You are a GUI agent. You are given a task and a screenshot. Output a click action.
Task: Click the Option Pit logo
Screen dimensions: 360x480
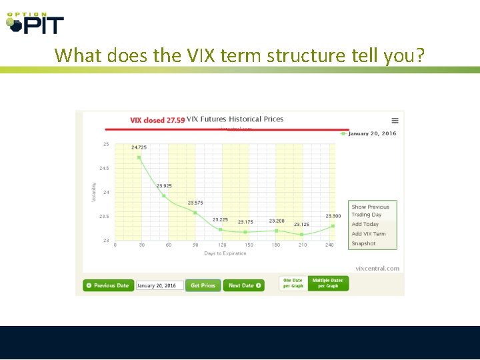[x=35, y=23]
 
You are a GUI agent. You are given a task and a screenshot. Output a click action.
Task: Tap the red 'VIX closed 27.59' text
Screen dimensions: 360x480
[x=157, y=120]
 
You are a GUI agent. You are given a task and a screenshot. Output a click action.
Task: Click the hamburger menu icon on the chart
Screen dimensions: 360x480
[x=395, y=121]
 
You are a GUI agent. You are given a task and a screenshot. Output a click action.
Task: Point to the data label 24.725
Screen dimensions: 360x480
[x=139, y=147]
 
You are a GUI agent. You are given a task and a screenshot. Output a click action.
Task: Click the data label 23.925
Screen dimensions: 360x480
[x=164, y=185]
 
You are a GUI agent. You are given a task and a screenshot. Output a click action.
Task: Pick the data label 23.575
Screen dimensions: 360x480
[x=195, y=203]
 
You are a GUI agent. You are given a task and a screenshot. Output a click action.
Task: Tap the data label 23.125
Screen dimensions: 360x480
[x=301, y=225]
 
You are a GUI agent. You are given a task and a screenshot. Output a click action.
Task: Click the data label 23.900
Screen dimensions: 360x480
[x=333, y=216]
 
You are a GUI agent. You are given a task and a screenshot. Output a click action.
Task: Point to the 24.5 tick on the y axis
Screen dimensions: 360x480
[x=105, y=168]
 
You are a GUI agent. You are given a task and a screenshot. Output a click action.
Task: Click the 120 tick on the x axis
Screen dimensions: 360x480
[x=222, y=245]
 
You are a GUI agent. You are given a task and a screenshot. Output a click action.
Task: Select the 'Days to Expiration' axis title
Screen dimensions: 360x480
[x=225, y=253]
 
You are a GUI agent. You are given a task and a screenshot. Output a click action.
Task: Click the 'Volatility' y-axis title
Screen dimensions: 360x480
[x=93, y=193]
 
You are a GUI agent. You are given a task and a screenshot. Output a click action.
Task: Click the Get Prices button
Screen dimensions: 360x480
[x=203, y=285]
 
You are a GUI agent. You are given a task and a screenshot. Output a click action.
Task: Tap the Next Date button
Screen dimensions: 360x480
[x=243, y=285]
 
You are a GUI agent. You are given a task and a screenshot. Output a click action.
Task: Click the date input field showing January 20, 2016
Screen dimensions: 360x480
[x=159, y=285]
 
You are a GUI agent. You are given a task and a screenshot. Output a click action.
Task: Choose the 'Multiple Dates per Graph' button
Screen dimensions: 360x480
[x=328, y=283]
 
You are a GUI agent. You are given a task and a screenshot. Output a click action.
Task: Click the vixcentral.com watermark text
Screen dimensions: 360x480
[x=377, y=269]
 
